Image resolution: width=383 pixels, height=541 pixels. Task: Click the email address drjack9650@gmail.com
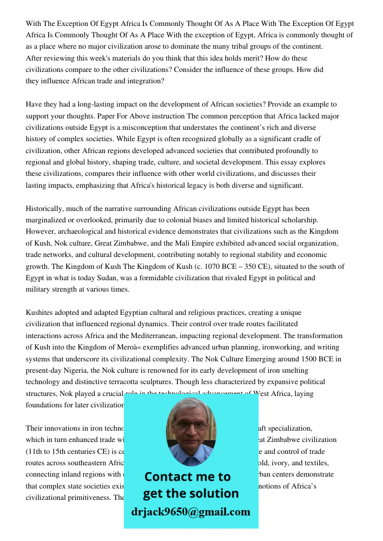pos(191,512)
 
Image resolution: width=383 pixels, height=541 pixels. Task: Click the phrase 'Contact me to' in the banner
pos(188,477)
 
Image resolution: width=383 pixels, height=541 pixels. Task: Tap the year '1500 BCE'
pos(303,359)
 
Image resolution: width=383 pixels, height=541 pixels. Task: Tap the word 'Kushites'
pos(41,313)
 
